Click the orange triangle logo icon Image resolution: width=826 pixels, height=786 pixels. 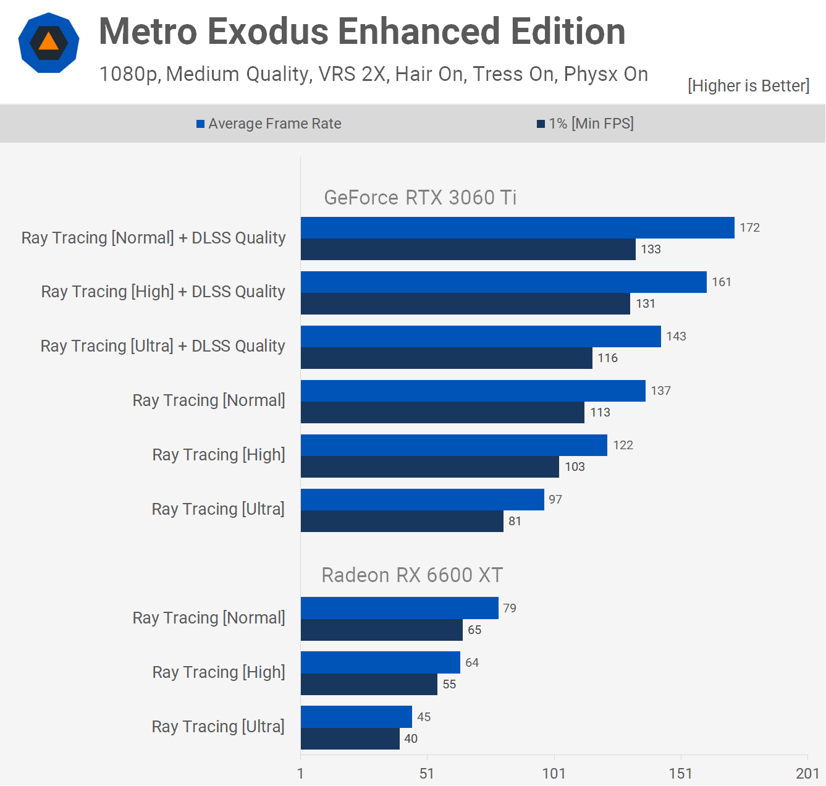[49, 43]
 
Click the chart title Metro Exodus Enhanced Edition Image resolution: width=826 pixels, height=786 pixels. [362, 32]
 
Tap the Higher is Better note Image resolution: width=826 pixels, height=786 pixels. [748, 85]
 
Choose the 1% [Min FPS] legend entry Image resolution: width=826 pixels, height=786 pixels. [585, 124]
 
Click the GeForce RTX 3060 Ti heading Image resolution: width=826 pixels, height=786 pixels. [420, 198]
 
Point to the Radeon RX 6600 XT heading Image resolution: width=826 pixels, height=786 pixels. [412, 575]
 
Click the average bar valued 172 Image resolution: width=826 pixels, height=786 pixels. [517, 228]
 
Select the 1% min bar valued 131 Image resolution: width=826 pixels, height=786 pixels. [465, 304]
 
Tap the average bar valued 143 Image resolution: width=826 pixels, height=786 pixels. [481, 337]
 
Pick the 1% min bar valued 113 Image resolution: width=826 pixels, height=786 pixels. [442, 413]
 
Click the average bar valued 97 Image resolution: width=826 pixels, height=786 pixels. [422, 500]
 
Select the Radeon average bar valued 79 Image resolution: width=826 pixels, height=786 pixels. [399, 608]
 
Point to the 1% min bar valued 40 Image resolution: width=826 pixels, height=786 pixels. [350, 739]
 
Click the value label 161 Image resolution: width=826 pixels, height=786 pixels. [722, 282]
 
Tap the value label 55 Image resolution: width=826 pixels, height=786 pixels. [449, 685]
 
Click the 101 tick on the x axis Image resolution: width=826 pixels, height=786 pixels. [554, 774]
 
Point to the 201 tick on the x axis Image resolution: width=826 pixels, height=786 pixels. [807, 774]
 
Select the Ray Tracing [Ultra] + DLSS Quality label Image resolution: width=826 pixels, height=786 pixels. [163, 346]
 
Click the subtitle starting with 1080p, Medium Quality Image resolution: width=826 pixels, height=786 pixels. [373, 74]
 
